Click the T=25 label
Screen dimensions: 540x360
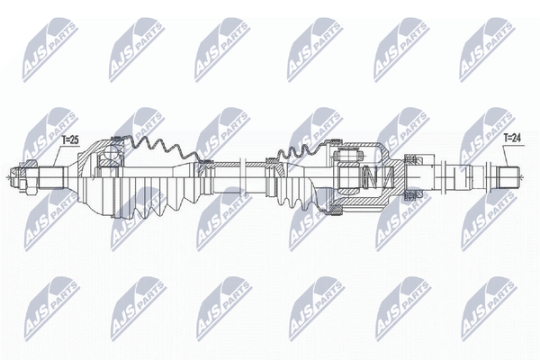(x=70, y=139)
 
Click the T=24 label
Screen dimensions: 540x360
(x=512, y=138)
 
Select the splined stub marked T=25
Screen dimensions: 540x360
(x=51, y=177)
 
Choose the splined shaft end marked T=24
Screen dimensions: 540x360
(x=508, y=177)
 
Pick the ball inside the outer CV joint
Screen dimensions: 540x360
(x=111, y=153)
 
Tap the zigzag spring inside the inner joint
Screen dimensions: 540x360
(x=376, y=176)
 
